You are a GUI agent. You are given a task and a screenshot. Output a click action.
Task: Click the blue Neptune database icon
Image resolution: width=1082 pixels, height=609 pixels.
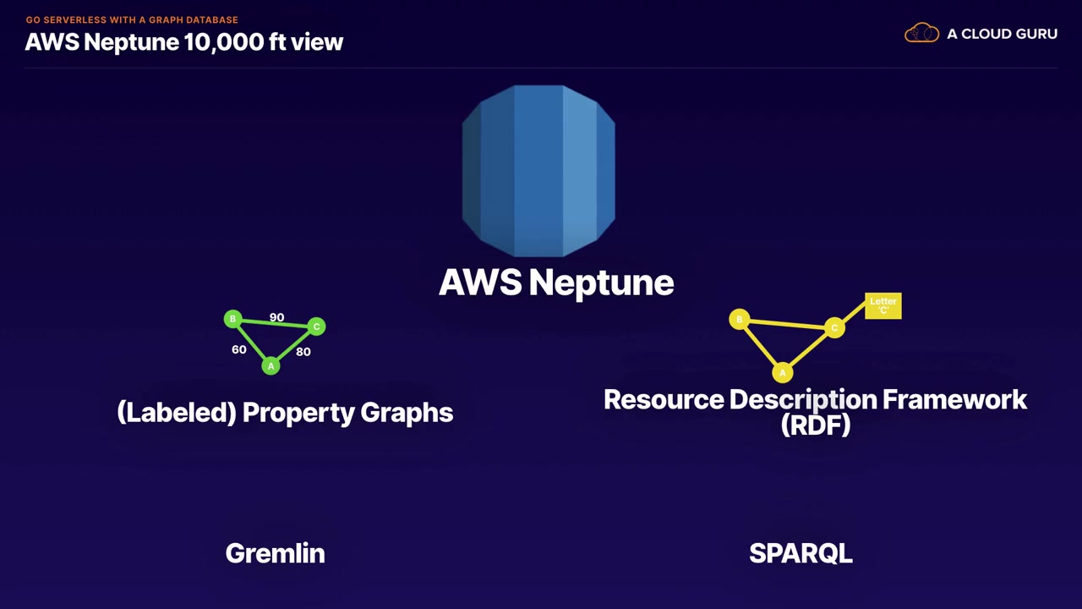[x=538, y=170]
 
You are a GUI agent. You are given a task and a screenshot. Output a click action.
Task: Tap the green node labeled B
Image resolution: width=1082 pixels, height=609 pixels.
[x=232, y=319]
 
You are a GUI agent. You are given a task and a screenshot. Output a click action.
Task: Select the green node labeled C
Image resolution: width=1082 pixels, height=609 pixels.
[x=316, y=326]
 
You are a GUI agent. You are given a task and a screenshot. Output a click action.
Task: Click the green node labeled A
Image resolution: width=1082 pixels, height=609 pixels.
[x=270, y=365]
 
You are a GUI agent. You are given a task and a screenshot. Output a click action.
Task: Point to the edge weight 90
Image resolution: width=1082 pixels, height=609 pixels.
[x=276, y=317]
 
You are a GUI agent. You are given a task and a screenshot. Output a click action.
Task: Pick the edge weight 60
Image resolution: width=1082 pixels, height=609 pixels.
[x=239, y=349]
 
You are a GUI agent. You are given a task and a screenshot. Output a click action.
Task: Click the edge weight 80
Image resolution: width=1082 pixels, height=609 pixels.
[x=303, y=351]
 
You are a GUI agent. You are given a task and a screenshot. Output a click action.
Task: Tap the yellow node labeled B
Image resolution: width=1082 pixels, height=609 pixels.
[x=739, y=319]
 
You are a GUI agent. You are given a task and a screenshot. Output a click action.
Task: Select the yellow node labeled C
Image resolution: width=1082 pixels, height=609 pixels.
[x=834, y=328]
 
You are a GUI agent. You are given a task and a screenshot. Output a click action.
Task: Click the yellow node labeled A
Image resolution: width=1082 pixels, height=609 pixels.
[x=783, y=372]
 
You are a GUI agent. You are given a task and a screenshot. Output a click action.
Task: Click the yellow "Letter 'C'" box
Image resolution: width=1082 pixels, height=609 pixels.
[x=883, y=305]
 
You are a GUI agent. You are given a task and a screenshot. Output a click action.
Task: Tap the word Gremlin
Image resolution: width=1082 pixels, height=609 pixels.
[x=275, y=553]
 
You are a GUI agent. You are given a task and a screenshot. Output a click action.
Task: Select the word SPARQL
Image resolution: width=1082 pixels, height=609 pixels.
[x=801, y=553]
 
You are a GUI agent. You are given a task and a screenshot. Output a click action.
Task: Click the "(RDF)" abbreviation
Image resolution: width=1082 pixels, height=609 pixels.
[x=816, y=425]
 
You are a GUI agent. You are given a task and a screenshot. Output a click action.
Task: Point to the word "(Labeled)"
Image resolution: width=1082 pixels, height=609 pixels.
[x=176, y=413]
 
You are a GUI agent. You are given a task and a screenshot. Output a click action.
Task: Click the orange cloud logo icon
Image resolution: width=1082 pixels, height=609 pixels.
[x=921, y=34]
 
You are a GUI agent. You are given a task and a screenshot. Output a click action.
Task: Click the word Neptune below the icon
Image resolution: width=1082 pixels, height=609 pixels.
[x=601, y=283]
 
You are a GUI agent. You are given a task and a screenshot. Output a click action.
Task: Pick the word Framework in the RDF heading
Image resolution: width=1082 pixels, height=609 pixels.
[x=954, y=399]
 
